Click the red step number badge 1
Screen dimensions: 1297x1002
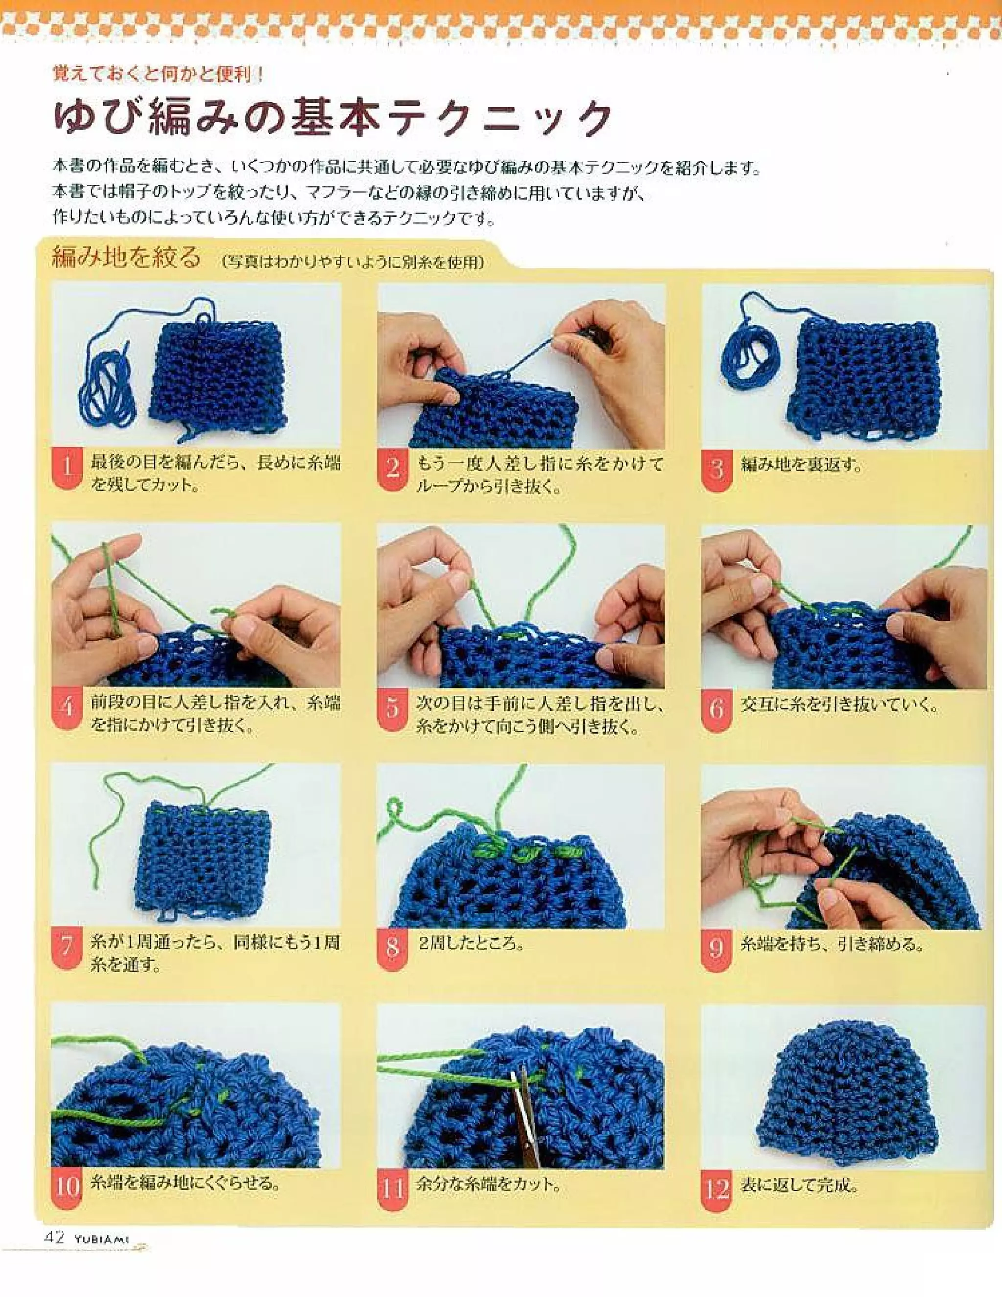(x=67, y=468)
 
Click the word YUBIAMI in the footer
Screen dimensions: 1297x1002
(x=101, y=1239)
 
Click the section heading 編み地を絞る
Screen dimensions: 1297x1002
(x=126, y=258)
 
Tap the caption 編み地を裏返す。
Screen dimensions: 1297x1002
(x=801, y=464)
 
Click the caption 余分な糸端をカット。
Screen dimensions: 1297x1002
(x=488, y=1184)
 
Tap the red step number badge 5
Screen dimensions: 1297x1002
(x=392, y=708)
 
